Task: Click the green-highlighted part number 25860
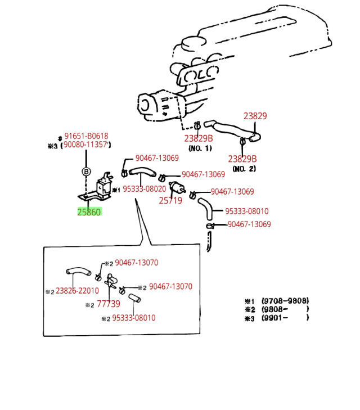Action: point(89,212)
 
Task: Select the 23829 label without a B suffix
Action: point(255,116)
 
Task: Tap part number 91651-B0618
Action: point(86,136)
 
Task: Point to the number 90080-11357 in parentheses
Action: point(85,145)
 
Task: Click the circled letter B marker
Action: point(86,172)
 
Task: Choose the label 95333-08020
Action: point(145,189)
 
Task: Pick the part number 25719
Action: point(170,200)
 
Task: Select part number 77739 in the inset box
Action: point(109,304)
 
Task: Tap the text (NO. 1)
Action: point(200,148)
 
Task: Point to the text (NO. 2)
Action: point(244,169)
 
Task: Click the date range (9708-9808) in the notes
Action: point(285,301)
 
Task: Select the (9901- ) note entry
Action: point(285,318)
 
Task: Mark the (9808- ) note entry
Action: point(285,309)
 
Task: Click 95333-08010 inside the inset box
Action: point(134,318)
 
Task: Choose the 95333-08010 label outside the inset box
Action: point(247,211)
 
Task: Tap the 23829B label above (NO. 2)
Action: point(242,159)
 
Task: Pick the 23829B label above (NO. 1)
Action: point(199,138)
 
